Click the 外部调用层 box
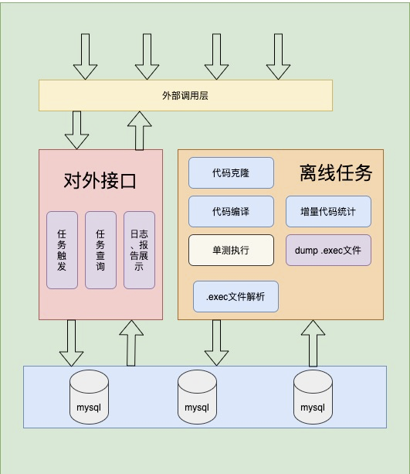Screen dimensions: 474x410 click(185, 95)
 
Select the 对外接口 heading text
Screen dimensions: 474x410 click(100, 181)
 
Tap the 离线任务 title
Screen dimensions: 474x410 click(336, 173)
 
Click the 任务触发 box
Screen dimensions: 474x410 click(62, 250)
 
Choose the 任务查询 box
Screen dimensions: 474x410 click(100, 250)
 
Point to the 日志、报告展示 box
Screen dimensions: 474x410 click(139, 250)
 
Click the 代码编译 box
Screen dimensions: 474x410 click(232, 211)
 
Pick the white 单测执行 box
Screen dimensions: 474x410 click(232, 250)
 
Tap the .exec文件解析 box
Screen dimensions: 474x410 click(235, 296)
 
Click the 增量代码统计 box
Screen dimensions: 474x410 click(328, 211)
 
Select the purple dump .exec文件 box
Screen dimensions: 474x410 click(328, 250)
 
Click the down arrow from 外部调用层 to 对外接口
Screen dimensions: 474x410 click(76, 130)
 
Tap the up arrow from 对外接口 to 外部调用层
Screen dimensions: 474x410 click(140, 130)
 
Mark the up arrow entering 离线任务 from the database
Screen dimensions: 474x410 click(313, 343)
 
